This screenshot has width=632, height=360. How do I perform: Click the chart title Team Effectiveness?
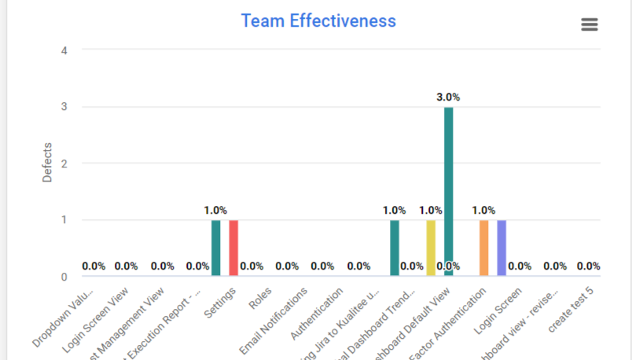click(318, 21)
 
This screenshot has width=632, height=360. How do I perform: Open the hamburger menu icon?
click(590, 24)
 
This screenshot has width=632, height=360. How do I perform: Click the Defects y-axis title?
click(47, 163)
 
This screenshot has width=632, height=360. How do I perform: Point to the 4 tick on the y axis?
click(64, 50)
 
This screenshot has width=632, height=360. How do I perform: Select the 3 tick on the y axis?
click(64, 107)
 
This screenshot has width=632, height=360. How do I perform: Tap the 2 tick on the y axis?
click(64, 163)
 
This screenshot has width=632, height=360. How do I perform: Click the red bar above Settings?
click(233, 248)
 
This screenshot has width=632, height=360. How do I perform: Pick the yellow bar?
click(431, 248)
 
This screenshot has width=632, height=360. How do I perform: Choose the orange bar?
click(484, 248)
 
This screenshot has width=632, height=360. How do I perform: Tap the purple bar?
click(502, 248)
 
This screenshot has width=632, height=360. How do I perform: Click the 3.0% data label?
click(448, 97)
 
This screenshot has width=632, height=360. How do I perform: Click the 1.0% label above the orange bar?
click(483, 211)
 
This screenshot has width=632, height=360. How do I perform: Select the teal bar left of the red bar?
click(216, 248)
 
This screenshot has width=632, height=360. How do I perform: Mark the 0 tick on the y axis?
click(64, 277)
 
